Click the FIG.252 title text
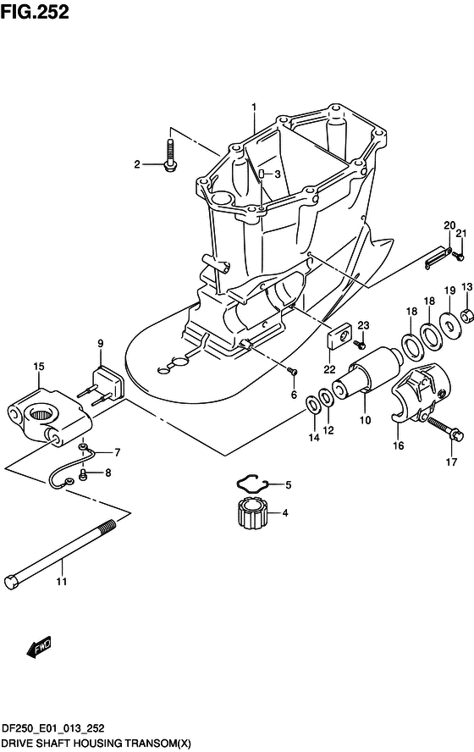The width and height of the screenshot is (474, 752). pyautogui.click(x=35, y=12)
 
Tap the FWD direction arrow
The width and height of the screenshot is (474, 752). pyautogui.click(x=39, y=648)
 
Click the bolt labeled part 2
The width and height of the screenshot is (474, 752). pyautogui.click(x=170, y=155)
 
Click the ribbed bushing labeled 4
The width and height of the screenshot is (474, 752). pyautogui.click(x=251, y=513)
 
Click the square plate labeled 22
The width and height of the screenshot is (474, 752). pyautogui.click(x=339, y=336)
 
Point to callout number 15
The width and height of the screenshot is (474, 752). pyautogui.click(x=39, y=367)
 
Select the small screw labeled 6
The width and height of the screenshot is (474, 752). pyautogui.click(x=292, y=371)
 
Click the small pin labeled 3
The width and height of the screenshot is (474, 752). pyautogui.click(x=262, y=174)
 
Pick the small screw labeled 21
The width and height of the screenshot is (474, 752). pyautogui.click(x=460, y=256)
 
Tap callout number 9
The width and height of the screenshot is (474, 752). pyautogui.click(x=100, y=343)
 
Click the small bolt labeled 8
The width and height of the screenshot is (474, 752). pyautogui.click(x=82, y=474)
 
